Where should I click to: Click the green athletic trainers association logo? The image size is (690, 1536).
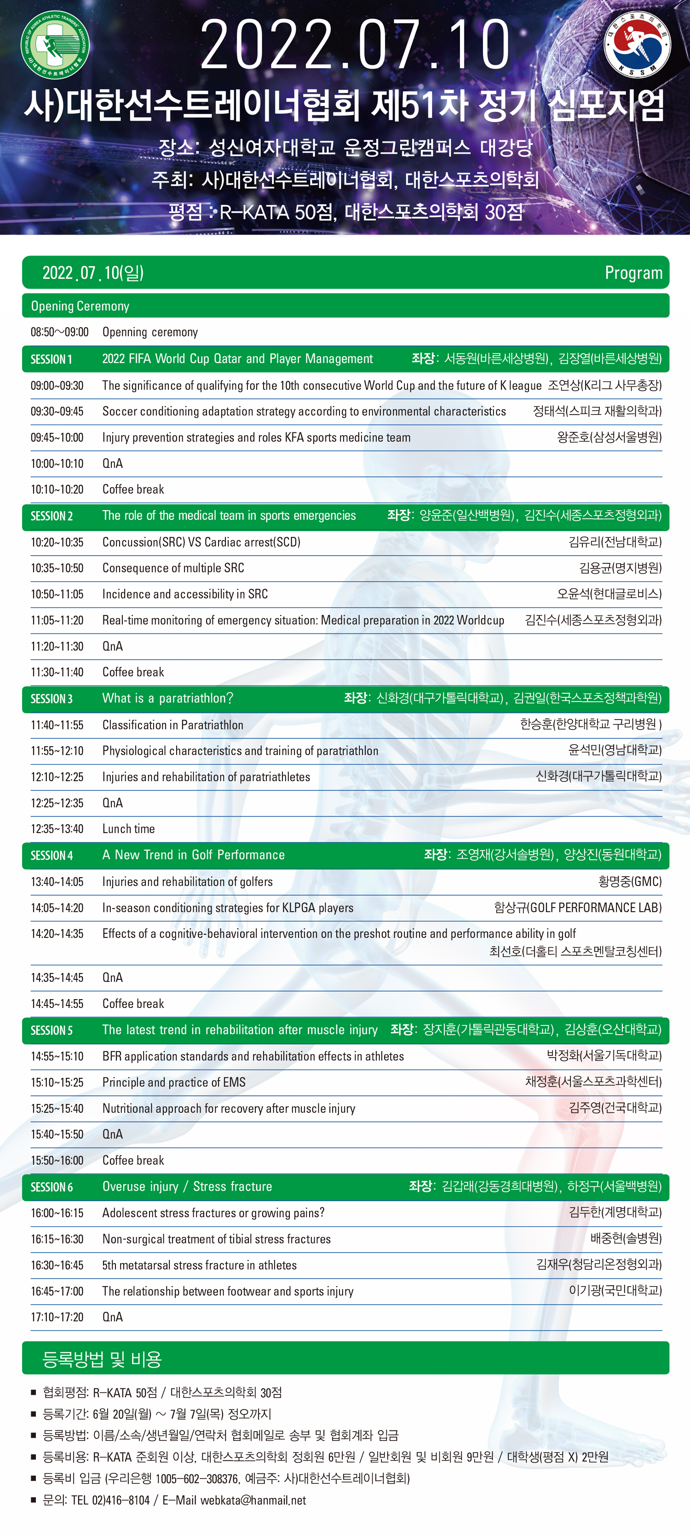tap(55, 44)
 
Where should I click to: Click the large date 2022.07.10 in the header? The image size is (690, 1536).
tap(355, 45)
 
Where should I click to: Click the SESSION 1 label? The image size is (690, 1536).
tap(51, 359)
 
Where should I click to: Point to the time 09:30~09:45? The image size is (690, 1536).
tap(57, 411)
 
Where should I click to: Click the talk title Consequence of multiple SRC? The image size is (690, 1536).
tap(173, 568)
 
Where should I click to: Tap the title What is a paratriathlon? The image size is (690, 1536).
tap(167, 698)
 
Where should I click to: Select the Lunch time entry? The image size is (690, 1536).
tap(128, 829)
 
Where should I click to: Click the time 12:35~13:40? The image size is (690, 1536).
tap(57, 829)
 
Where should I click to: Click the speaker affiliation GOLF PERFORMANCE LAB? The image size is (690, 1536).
tap(595, 908)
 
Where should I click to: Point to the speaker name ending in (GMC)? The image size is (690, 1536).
tap(630, 881)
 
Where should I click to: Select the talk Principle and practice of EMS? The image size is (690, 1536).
tap(173, 1082)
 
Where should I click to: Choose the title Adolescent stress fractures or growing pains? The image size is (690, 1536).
tap(213, 1213)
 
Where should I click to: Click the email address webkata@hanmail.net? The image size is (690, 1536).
tap(253, 1500)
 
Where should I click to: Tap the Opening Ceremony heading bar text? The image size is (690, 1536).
tap(80, 306)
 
